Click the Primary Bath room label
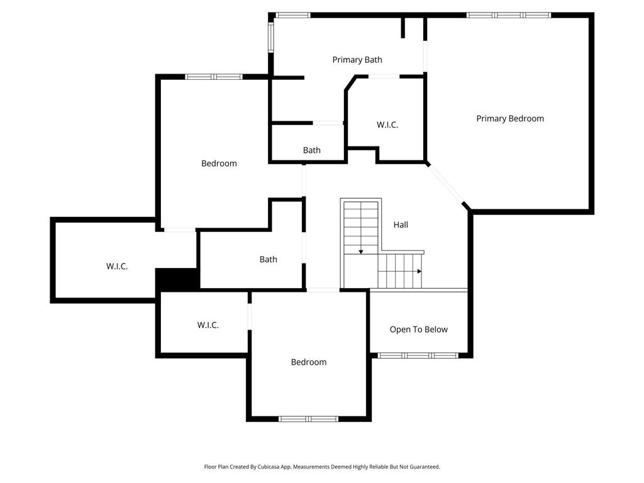point(357,60)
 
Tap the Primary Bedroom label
point(509,119)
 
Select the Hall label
point(401,225)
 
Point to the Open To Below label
point(418,330)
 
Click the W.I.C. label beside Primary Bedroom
point(387,125)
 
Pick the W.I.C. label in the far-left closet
point(116,267)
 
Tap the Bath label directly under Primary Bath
point(312,150)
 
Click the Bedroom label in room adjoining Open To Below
point(308,362)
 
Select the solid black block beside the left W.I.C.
point(177,279)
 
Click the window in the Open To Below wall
point(418,355)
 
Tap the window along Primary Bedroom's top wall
point(508,15)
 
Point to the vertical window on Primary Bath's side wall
point(270,37)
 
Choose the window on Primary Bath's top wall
point(292,15)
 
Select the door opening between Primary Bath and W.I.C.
point(384,76)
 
